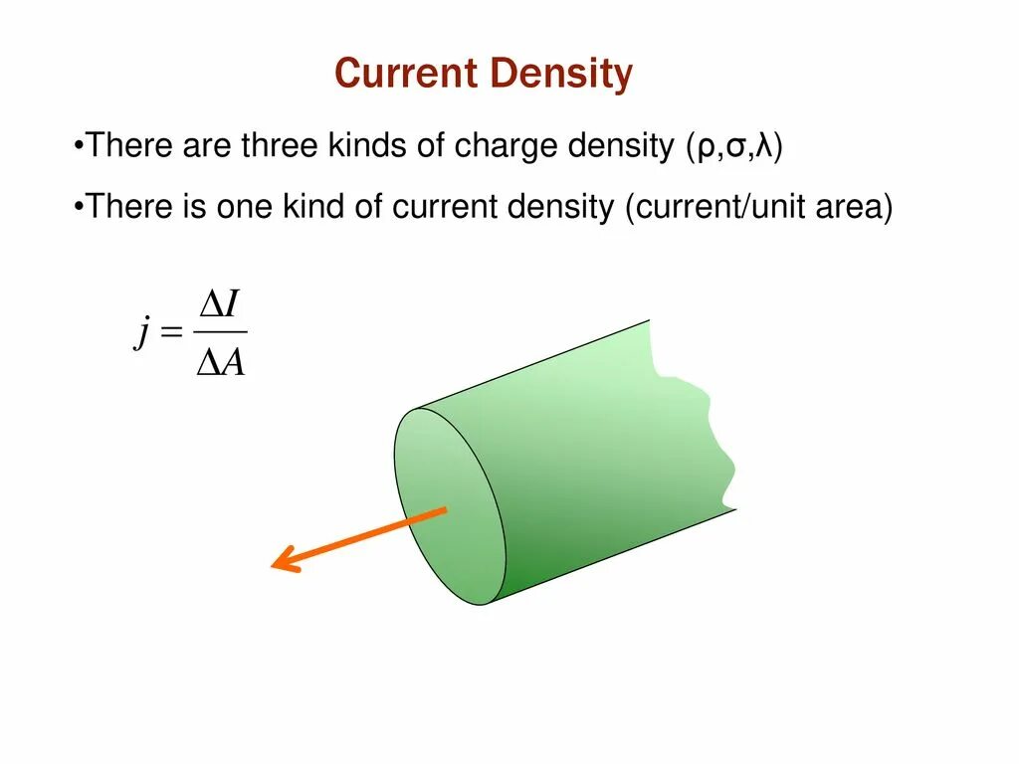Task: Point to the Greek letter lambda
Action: coord(764,147)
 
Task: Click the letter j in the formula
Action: coord(141,334)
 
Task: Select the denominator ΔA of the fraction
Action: coord(221,365)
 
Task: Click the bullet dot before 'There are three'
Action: coord(78,148)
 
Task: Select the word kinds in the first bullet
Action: coord(367,147)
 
